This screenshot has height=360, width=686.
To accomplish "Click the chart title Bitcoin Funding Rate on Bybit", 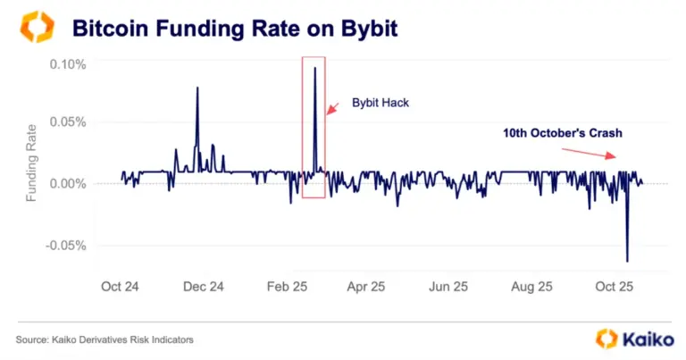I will tap(234, 29).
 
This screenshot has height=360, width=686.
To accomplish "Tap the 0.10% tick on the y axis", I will tap(69, 64).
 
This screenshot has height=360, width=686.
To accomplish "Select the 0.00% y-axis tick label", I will tap(69, 183).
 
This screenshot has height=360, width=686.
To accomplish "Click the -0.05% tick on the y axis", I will tap(67, 246).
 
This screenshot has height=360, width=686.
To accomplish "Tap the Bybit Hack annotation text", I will tap(379, 104).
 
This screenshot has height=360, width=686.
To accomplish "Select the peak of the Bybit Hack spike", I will tap(314, 68).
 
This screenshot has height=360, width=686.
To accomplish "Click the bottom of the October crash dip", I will tap(627, 261).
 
